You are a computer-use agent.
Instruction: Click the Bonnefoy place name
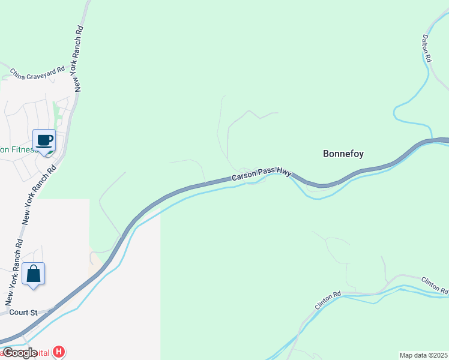coord(343,154)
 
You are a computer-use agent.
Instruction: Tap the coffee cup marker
coord(44,141)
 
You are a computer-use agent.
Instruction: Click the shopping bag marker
coord(34,274)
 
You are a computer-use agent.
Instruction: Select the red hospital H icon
coord(59,352)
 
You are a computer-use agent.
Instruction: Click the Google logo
coord(20,352)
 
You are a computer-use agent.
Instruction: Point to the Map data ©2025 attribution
coord(423,355)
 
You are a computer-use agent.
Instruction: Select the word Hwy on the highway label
coord(284,173)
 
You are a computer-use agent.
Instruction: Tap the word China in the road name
coord(17,74)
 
